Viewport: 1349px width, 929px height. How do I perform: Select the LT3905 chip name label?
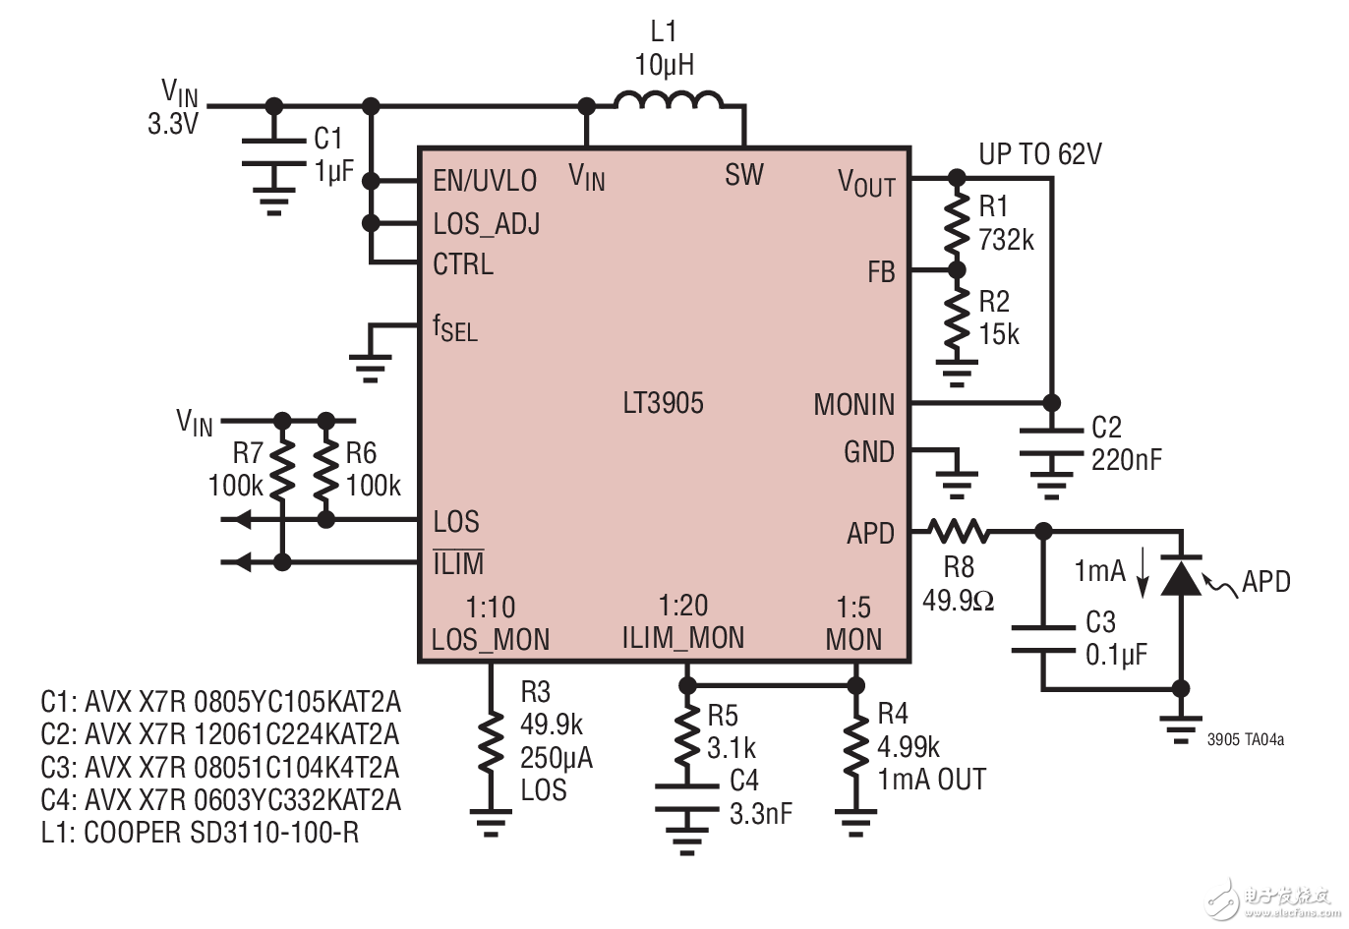coord(663,403)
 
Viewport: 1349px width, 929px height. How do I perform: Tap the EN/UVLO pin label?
coord(485,181)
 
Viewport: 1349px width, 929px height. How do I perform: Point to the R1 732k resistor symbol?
coord(956,224)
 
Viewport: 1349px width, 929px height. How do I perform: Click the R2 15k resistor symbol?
coord(956,319)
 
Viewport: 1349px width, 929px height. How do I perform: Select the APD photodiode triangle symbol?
coord(1181,577)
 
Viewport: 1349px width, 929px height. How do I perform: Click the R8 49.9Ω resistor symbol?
coord(959,532)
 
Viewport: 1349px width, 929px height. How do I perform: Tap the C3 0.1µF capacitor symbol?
coord(1044,638)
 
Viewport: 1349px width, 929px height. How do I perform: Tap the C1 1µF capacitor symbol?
coord(274,153)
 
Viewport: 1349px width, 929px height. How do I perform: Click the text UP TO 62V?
coord(1039,154)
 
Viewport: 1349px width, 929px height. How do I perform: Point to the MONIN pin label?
coord(853,404)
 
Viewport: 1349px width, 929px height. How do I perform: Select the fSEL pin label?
coord(454,328)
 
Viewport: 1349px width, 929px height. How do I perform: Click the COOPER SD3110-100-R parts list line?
coord(200,833)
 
